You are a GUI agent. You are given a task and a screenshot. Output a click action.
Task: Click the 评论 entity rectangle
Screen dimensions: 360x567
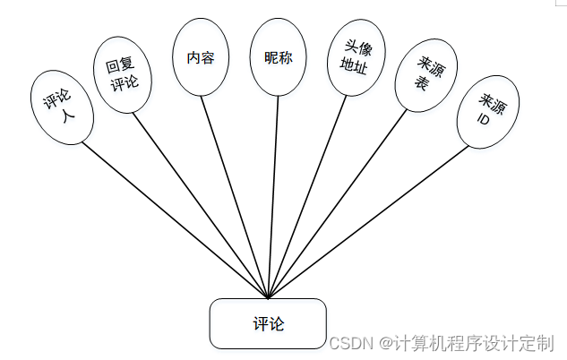point(267,323)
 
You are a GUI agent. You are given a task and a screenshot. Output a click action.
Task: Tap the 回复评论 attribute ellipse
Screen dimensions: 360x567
point(122,77)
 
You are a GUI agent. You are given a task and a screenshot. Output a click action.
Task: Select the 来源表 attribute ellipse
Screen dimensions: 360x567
point(420,74)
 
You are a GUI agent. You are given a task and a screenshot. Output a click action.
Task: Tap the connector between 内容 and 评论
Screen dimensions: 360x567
point(236,198)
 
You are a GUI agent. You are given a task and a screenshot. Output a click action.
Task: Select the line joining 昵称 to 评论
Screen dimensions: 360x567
point(273,198)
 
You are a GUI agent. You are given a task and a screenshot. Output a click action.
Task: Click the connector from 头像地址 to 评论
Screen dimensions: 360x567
point(306,198)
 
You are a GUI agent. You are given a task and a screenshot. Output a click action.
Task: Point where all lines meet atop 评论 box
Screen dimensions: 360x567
point(268,298)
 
